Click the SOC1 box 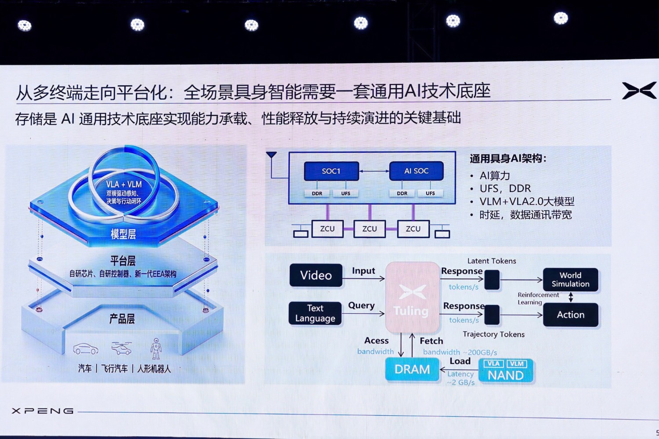[x=331, y=171]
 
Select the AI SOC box [x=416, y=171]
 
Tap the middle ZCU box [x=369, y=229]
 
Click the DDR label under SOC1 [x=317, y=193]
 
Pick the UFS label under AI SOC [x=430, y=193]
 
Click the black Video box [x=316, y=276]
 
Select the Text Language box [x=315, y=313]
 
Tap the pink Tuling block [x=412, y=298]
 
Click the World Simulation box [x=570, y=279]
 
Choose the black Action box [x=570, y=315]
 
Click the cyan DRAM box [x=412, y=369]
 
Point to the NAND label [x=506, y=376]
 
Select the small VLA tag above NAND [x=493, y=364]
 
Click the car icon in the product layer [x=86, y=349]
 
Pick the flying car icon [x=121, y=348]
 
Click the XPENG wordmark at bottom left [x=43, y=411]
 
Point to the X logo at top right [x=639, y=91]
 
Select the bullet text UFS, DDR [x=505, y=189]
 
